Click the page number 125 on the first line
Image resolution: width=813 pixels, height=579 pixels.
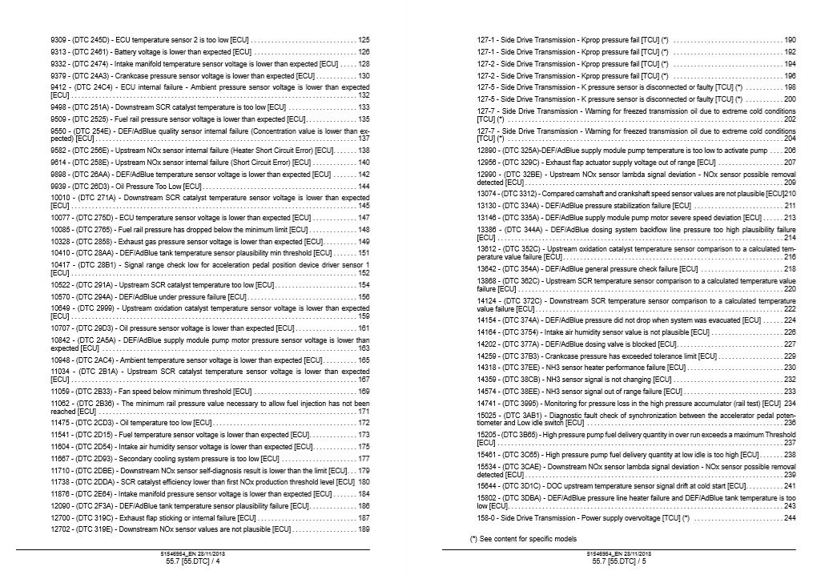[x=364, y=40]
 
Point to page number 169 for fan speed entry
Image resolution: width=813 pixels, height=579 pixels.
[x=364, y=391]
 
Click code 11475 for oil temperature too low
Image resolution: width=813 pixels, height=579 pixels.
[x=61, y=422]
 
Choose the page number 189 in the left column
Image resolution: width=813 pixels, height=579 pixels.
[x=364, y=529]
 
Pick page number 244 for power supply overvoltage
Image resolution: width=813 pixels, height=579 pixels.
[x=790, y=518]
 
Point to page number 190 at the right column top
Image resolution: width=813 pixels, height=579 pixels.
[x=790, y=40]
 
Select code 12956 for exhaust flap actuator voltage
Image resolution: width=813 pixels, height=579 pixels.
[x=488, y=162]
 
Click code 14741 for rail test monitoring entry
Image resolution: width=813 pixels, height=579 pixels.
[x=488, y=403]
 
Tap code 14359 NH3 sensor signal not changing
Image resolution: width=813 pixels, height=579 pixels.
[x=488, y=380]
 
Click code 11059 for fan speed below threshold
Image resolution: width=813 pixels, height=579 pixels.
[x=61, y=391]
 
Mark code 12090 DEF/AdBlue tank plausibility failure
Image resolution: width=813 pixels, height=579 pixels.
[x=61, y=506]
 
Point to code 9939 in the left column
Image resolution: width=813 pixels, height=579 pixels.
[x=58, y=187]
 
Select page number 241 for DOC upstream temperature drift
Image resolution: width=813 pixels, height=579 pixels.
[x=790, y=485]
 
